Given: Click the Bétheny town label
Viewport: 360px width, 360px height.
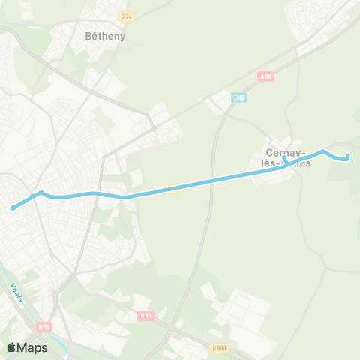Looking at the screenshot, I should (105, 35).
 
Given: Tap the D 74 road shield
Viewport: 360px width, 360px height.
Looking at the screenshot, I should (125, 16).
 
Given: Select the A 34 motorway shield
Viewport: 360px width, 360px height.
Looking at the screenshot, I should (265, 76).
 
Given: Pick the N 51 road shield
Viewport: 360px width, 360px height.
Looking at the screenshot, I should (45, 326).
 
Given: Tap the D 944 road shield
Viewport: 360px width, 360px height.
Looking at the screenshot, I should (218, 347).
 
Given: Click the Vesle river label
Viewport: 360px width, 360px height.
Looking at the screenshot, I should (17, 292).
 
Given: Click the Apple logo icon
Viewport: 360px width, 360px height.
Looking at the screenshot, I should (12, 347).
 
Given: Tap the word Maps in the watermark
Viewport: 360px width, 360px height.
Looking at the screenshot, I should (33, 347).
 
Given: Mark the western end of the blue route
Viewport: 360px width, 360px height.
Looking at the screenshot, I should (13, 208).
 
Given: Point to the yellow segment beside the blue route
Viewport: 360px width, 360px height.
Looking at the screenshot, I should (171, 188).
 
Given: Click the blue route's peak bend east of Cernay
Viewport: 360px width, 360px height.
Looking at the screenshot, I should (323, 151).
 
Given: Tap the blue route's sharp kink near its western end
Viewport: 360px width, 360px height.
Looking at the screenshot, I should (40, 193).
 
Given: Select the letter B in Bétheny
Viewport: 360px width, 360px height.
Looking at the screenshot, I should (88, 35).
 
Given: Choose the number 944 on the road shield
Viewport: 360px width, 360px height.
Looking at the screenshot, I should (221, 347).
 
